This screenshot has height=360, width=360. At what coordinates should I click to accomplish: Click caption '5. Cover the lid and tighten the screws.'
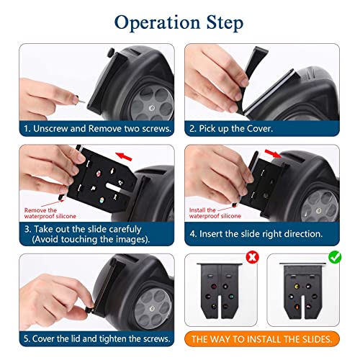(95, 338)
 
